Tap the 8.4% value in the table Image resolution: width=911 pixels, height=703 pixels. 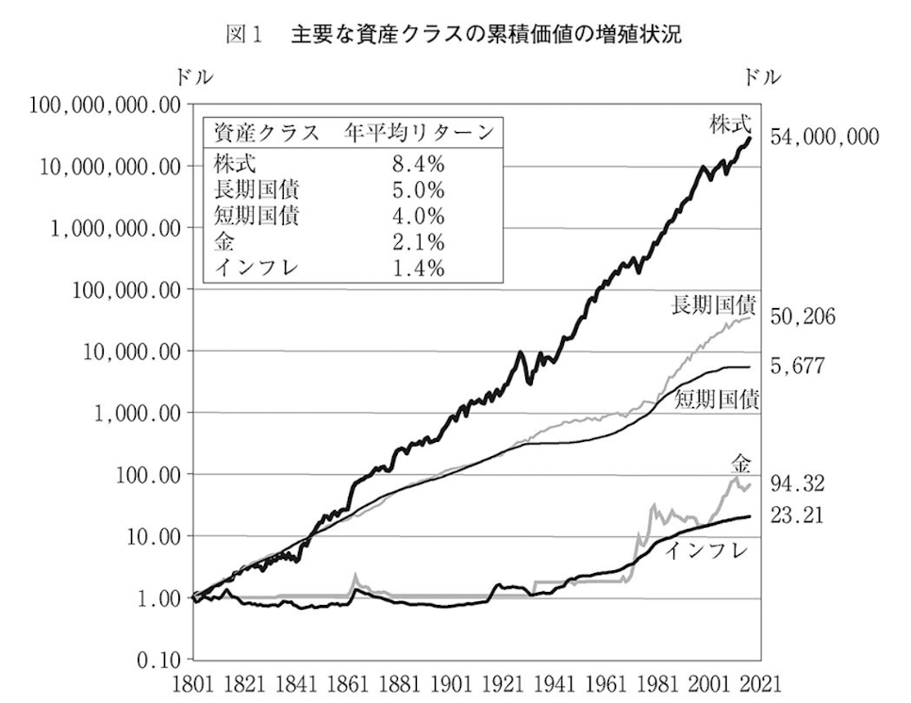point(418,162)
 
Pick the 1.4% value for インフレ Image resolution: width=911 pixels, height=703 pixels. point(418,268)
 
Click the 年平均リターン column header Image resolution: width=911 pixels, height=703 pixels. point(418,131)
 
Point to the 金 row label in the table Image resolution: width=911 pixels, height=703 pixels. point(224,241)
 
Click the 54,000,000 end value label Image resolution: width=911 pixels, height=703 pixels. point(824,138)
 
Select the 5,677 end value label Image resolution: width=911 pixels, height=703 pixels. point(798,366)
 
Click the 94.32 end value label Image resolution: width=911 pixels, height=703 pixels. point(798,484)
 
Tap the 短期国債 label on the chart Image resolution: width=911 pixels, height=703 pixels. point(719,399)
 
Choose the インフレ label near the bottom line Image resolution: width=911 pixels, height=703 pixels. point(705,549)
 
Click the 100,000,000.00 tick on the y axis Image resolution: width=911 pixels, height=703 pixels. point(105,106)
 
